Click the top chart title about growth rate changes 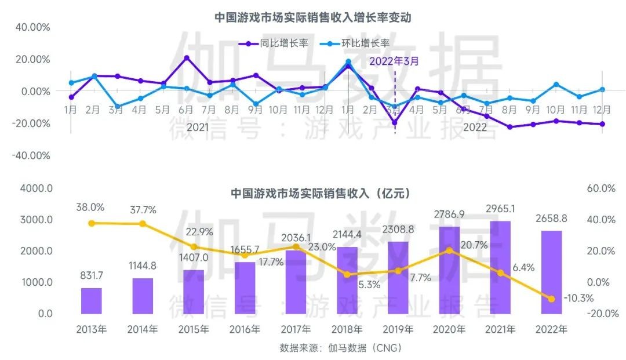pos(312,17)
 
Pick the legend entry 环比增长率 pos(356,43)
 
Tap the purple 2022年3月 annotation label pos(394,60)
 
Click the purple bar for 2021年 pos(500,268)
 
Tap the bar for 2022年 pos(551,272)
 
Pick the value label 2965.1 pos(500,209)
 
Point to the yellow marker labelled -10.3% pos(551,299)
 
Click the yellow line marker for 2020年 pos(449,250)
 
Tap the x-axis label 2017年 pos(296,329)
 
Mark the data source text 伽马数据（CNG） pos(340,348)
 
